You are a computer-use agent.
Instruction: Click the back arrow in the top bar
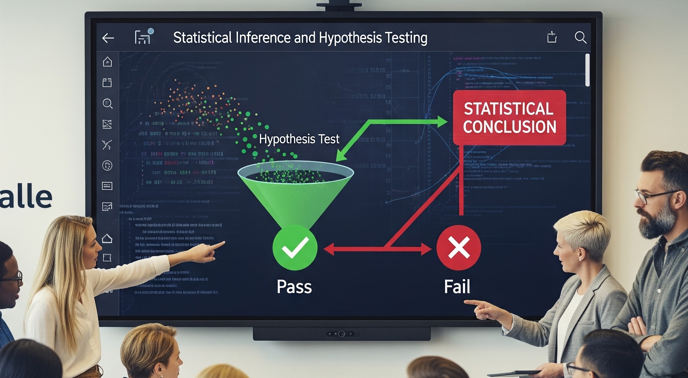point(108,38)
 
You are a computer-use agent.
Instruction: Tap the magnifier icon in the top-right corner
point(580,37)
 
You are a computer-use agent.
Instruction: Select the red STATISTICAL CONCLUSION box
point(509,117)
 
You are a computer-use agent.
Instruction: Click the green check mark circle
point(295,248)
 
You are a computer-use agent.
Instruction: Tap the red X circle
point(458,248)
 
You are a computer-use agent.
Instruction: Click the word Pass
point(294,287)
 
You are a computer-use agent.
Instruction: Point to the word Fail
point(457,287)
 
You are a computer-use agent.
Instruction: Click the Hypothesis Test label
point(299,139)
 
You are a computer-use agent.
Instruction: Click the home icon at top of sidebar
point(107,62)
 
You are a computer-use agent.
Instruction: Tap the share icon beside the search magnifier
point(552,37)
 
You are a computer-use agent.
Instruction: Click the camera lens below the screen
point(341,334)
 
